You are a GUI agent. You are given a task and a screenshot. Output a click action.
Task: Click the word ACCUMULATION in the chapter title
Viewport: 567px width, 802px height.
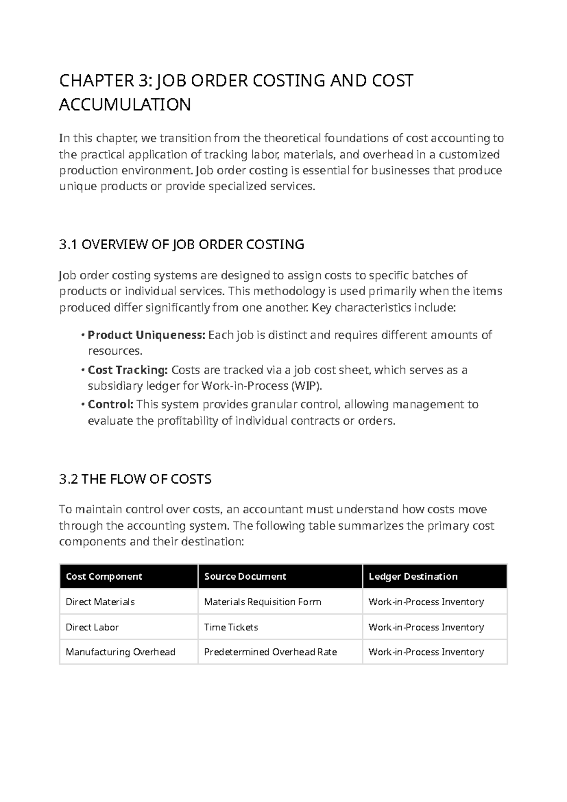point(125,105)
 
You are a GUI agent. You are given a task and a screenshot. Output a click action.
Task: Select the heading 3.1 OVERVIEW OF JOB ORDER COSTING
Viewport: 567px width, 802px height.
point(181,244)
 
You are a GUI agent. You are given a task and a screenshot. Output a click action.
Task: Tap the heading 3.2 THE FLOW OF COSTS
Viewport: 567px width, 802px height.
point(135,479)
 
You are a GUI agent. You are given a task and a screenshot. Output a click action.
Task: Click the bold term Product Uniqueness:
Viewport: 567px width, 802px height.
point(146,335)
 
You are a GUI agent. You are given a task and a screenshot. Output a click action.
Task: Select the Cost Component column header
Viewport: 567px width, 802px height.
point(104,576)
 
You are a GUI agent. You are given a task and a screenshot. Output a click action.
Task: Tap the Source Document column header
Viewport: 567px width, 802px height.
point(245,576)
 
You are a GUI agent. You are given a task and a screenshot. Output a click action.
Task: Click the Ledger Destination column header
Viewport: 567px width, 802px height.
point(413,576)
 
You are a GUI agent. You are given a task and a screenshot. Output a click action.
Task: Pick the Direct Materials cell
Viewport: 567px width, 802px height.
point(100,602)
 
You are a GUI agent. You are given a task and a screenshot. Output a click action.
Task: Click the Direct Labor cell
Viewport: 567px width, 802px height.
point(92,627)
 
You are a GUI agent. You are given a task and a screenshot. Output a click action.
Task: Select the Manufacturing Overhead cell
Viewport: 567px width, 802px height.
point(120,652)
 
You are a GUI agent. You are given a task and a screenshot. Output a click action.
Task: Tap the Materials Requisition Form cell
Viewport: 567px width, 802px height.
point(262,602)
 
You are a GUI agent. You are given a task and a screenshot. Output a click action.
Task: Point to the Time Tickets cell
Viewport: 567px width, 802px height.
point(231,627)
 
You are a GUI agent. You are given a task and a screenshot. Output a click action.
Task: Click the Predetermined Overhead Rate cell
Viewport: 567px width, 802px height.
point(270,652)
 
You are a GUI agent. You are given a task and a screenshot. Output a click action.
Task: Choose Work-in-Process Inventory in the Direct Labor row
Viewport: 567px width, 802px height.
point(426,627)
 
